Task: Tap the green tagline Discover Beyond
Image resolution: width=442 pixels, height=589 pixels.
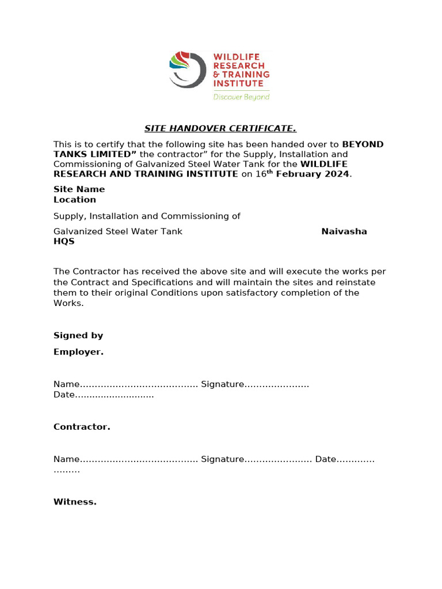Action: click(241, 97)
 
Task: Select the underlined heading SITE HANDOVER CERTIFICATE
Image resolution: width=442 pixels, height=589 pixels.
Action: click(220, 128)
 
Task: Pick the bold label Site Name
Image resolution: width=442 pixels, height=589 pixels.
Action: click(79, 189)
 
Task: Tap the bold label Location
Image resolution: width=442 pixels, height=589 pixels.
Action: click(74, 200)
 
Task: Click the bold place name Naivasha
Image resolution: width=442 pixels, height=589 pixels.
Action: click(344, 231)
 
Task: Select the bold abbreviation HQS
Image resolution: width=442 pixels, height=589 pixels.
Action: click(64, 242)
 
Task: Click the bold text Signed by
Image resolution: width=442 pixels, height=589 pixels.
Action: click(78, 335)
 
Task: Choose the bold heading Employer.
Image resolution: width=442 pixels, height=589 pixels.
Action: click(78, 352)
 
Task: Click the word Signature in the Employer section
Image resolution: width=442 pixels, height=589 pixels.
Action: click(223, 384)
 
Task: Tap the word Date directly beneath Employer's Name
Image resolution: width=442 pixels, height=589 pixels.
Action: click(64, 395)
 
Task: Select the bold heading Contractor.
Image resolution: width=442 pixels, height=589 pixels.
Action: click(82, 427)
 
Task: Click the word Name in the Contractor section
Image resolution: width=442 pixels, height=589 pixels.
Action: click(66, 459)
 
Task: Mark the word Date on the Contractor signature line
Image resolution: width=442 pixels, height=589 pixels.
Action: click(325, 459)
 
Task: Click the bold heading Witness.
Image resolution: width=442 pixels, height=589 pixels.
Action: click(75, 502)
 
